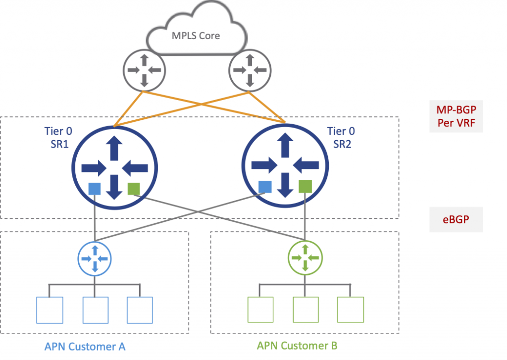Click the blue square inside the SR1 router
(x=95, y=189)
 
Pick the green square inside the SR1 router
(x=134, y=189)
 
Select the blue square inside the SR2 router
(x=265, y=187)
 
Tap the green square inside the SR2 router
(x=305, y=186)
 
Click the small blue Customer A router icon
(x=95, y=258)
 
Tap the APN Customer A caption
(x=85, y=347)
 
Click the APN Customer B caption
(x=297, y=346)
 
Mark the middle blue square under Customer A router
(x=95, y=310)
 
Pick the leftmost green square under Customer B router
(x=261, y=310)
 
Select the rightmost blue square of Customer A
(x=140, y=310)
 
